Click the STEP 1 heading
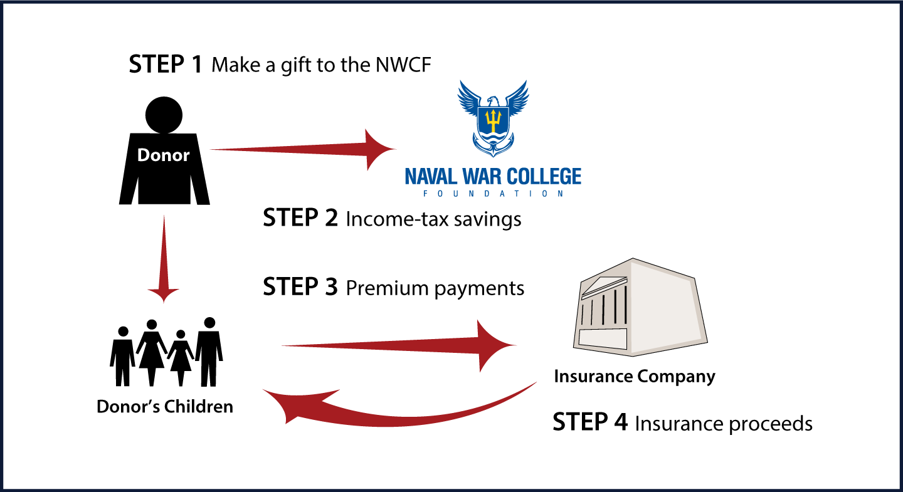coord(166,64)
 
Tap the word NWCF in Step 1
coord(404,65)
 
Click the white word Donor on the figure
coord(163,155)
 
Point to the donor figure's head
coord(164,115)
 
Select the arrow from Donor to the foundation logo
coord(302,150)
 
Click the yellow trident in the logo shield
coord(493,120)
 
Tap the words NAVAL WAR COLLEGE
coord(493,177)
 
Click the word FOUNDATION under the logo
coord(493,194)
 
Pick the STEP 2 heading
coord(300,218)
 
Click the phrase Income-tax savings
coord(433,219)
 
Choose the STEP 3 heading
coord(300,287)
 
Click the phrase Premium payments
coord(435,288)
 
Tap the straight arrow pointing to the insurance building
coord(399,346)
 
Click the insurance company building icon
coord(640,307)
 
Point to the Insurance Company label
coord(635,377)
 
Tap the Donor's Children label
coord(165,407)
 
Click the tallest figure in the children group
coord(209,352)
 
